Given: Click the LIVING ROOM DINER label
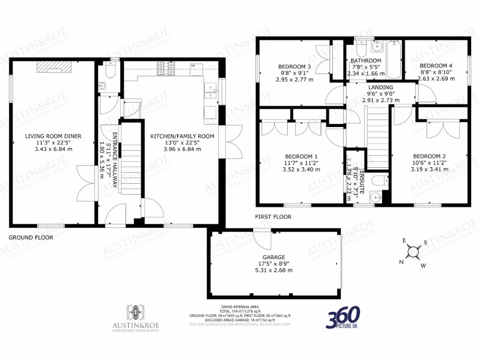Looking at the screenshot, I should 53,136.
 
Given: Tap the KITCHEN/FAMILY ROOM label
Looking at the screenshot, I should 182,136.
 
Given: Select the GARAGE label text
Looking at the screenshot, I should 274,257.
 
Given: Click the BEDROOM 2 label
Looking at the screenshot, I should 429,156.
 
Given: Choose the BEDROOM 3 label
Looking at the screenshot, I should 294,67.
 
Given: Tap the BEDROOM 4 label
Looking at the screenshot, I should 436,66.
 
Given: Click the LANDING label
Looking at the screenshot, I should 380,87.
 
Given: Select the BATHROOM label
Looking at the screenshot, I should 364,61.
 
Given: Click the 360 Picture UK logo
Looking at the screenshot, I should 343,318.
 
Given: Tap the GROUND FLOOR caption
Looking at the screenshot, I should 31,238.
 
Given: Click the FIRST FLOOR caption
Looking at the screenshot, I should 273,217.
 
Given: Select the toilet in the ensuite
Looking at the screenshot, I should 377,180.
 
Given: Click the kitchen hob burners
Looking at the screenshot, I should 165,66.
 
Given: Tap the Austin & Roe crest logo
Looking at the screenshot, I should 135,311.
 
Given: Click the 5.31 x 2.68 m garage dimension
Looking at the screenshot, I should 274,270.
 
